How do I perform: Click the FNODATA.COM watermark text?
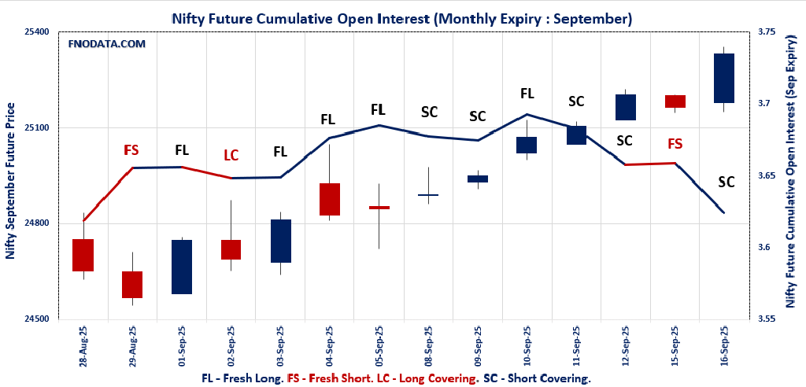(107, 44)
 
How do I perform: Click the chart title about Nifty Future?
(402, 17)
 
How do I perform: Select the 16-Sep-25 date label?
(724, 347)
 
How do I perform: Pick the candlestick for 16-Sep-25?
(723, 78)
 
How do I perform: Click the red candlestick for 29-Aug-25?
(132, 284)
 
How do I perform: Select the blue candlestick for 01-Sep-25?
(182, 267)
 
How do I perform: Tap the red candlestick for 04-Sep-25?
(329, 199)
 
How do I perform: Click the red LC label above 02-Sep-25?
(231, 155)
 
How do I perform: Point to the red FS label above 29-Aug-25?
(131, 149)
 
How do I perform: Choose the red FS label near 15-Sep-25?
(675, 143)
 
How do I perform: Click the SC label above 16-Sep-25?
(726, 182)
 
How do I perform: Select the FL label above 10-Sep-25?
(527, 93)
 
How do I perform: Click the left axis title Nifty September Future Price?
(10, 181)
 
